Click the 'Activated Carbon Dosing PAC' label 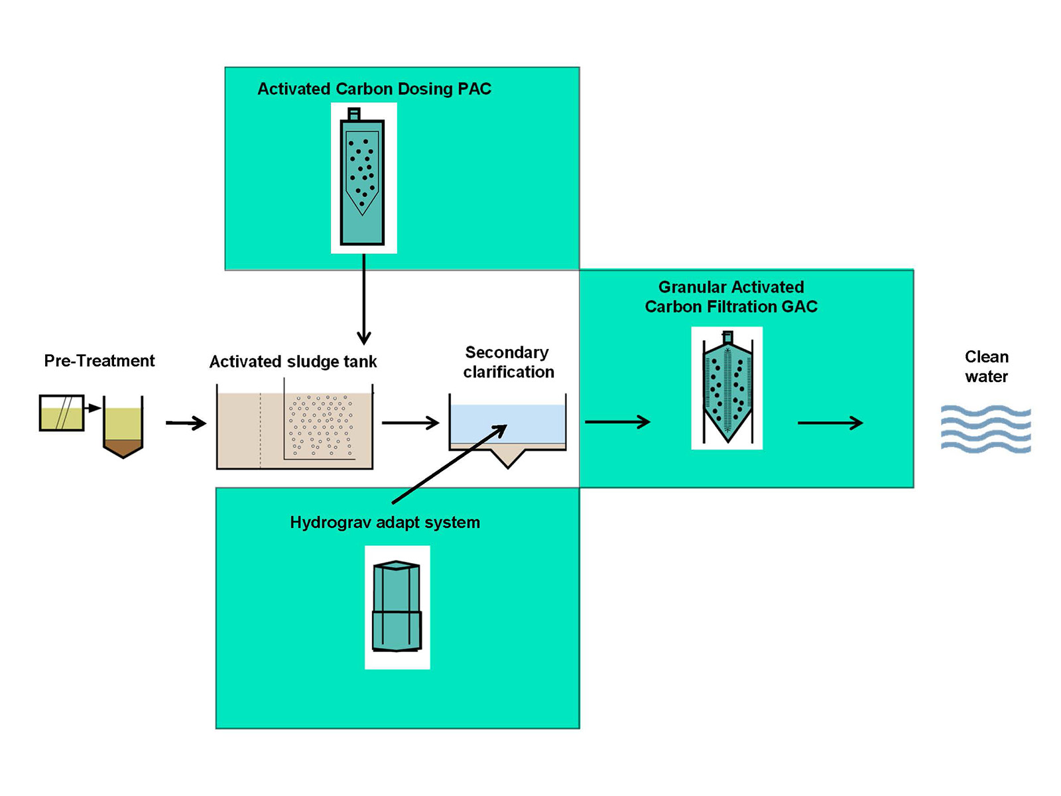coord(374,89)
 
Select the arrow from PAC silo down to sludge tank coord(363,298)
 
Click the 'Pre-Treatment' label coord(99,361)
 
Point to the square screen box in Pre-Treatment coord(62,413)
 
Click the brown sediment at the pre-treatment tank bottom coord(123,448)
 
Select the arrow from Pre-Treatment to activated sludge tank coord(186,423)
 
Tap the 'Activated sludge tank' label coord(293,362)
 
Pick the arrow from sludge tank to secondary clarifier coord(410,423)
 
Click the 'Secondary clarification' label coord(508,362)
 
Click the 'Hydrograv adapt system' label coord(385,523)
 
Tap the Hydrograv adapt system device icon coord(397,607)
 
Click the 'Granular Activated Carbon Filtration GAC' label coord(731,297)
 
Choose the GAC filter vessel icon coord(727,388)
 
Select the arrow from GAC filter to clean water coord(830,423)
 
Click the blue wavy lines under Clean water coord(986,429)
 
